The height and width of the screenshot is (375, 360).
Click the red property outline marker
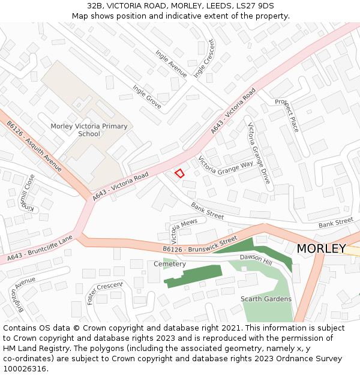click(x=179, y=173)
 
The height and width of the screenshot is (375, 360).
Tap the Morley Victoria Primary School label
click(x=89, y=130)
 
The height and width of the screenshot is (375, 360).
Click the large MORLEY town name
click(x=321, y=248)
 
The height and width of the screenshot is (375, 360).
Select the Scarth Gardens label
click(x=266, y=299)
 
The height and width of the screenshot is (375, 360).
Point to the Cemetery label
click(x=170, y=264)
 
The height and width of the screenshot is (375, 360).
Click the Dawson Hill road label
click(x=256, y=259)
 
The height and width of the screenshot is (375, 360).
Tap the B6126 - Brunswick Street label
click(x=200, y=245)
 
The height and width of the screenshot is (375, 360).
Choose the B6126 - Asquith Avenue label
click(x=34, y=146)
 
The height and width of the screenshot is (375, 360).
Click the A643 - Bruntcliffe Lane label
click(x=40, y=248)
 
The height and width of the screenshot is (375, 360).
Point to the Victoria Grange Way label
click(x=226, y=165)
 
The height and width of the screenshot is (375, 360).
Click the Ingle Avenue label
click(x=170, y=64)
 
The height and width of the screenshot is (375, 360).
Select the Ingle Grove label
click(x=147, y=97)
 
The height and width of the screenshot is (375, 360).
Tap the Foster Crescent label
click(x=104, y=292)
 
